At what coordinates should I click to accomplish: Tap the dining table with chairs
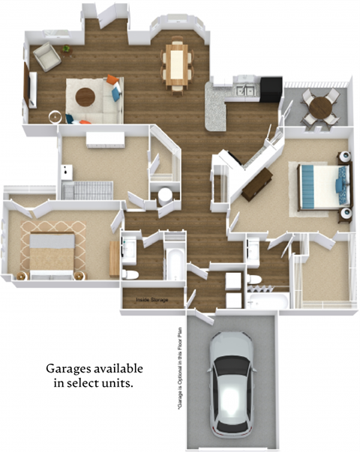click(178, 64)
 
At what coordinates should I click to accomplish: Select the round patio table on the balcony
click(318, 106)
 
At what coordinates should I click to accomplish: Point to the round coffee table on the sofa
click(86, 97)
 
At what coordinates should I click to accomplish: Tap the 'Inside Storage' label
click(151, 300)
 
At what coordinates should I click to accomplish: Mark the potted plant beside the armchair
click(66, 49)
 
